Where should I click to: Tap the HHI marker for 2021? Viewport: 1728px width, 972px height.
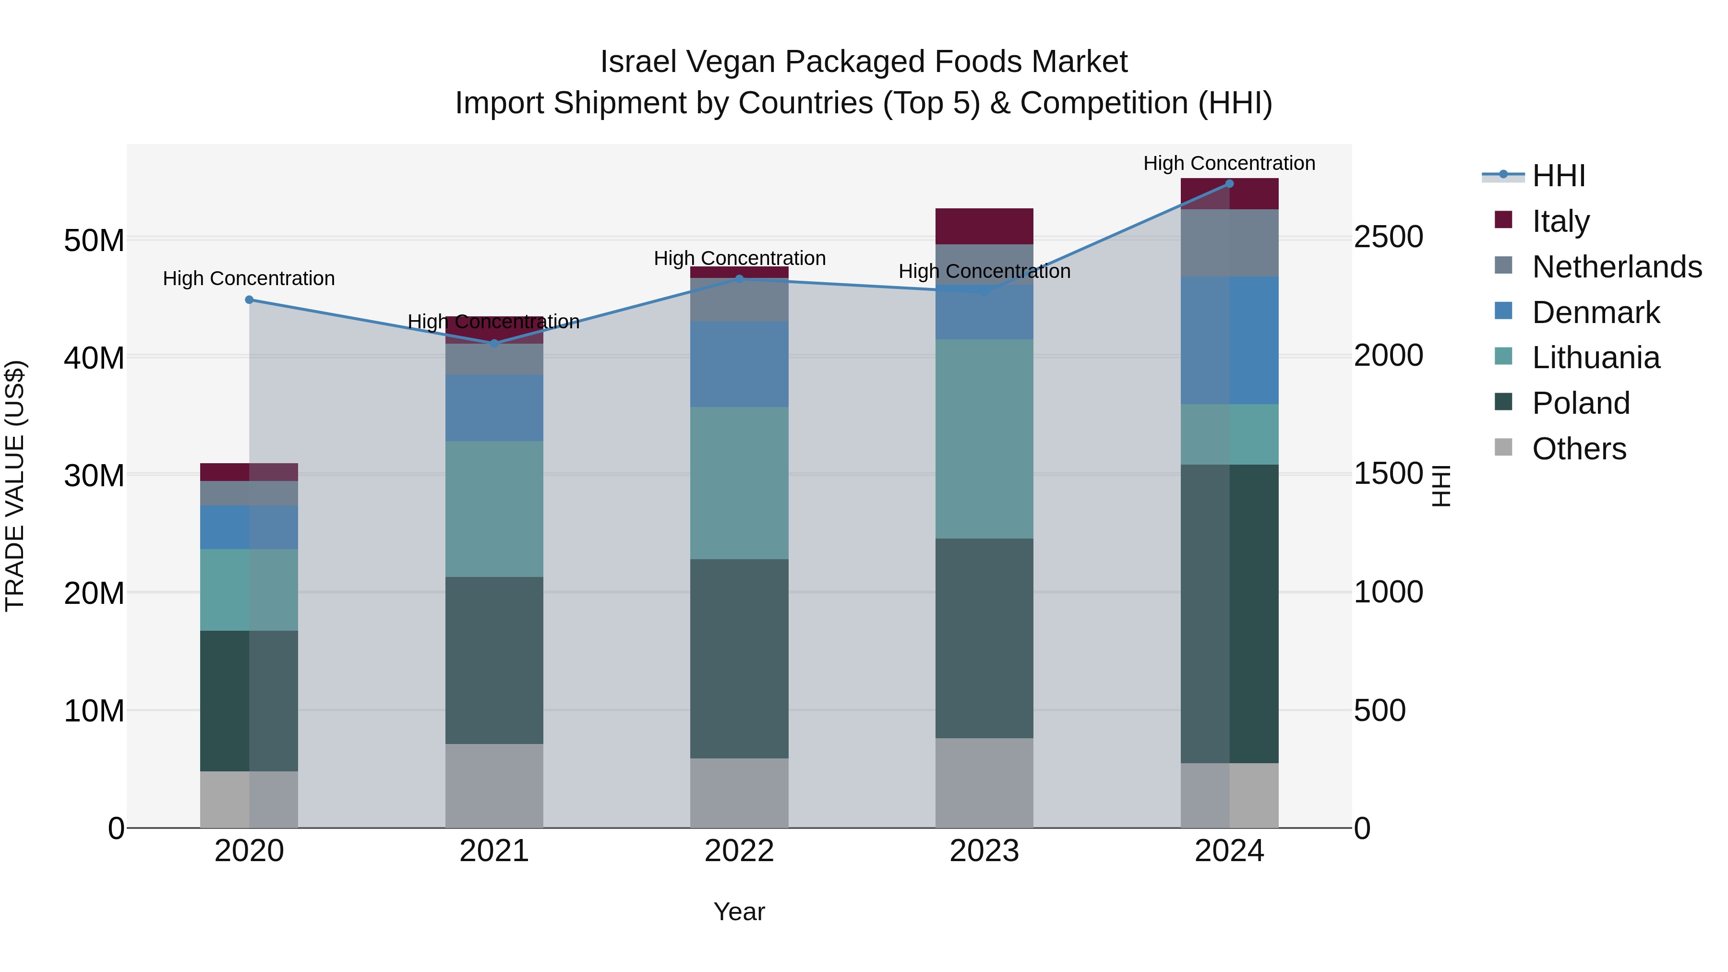494,344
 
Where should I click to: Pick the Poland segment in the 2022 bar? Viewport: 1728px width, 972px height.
739,658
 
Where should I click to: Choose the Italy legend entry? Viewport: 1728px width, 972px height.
1560,221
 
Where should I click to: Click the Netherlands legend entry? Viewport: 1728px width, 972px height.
1617,266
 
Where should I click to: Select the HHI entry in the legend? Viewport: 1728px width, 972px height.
1558,176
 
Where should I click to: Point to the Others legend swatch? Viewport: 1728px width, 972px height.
1503,447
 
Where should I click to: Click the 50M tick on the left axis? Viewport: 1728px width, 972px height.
94,240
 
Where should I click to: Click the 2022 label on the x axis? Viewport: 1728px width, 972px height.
739,851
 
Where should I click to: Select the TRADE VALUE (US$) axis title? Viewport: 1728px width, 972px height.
15,486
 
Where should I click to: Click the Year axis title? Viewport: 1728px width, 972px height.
739,912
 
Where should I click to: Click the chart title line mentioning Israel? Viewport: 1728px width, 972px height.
864,62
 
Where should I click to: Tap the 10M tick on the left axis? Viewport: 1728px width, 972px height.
94,711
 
